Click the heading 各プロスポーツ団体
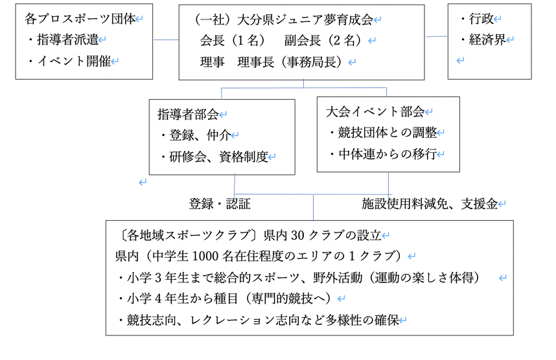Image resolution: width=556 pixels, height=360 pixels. click(80, 19)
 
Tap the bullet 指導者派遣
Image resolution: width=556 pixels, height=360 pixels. click(67, 40)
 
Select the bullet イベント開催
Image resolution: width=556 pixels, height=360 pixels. click(73, 62)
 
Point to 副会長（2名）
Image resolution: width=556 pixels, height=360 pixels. click(321, 41)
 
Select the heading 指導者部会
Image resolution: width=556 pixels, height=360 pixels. click(188, 114)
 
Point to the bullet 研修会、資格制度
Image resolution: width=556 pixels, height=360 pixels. click(217, 157)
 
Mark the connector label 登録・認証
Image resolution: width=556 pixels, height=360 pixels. click(220, 205)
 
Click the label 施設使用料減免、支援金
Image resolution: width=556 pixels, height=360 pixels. click(430, 205)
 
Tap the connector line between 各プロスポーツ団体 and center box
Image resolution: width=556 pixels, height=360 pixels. click(166, 40)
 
